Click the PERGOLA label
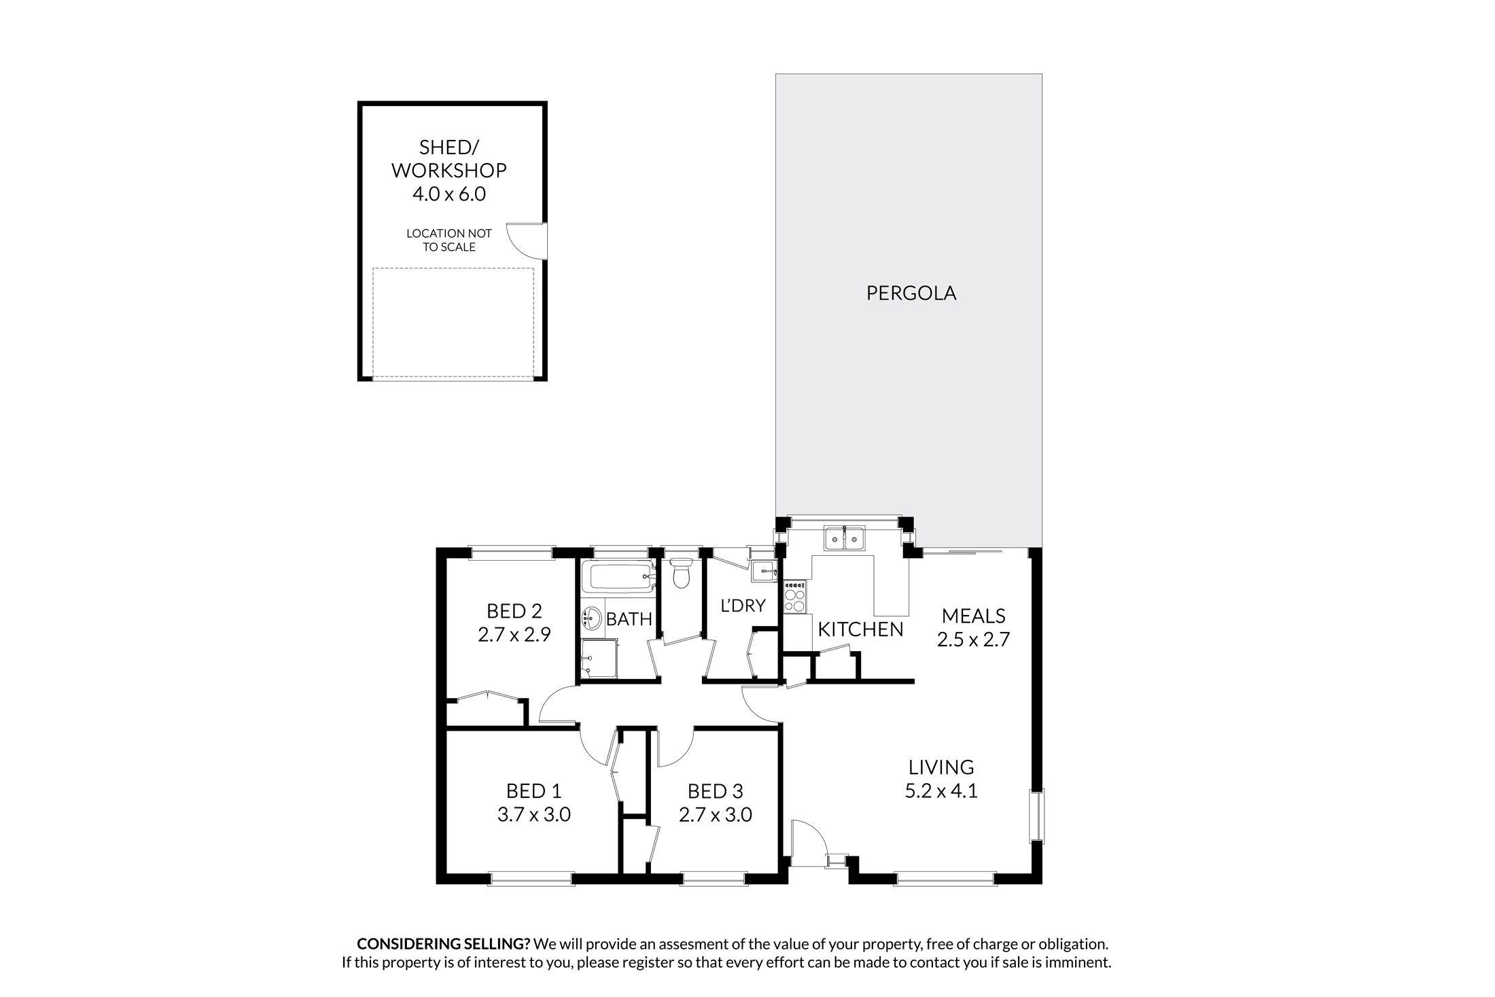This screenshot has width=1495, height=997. [911, 293]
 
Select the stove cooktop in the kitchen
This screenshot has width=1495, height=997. [795, 598]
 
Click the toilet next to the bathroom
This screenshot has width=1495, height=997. [680, 575]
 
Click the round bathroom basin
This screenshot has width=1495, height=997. [592, 618]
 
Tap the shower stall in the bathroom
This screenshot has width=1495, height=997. [599, 659]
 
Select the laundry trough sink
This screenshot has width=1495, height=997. [764, 572]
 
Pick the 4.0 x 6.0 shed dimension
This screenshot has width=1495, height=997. [448, 194]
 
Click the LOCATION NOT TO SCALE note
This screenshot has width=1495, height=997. [448, 240]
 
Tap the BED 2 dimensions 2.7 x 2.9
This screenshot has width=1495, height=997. [514, 635]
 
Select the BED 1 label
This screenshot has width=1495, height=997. [533, 791]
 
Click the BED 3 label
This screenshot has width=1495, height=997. [715, 791]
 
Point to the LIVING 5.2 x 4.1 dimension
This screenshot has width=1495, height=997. [941, 791]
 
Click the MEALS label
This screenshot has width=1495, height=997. [973, 616]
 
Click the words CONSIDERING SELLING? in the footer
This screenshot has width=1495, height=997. [443, 944]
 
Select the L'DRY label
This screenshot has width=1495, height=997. [743, 606]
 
